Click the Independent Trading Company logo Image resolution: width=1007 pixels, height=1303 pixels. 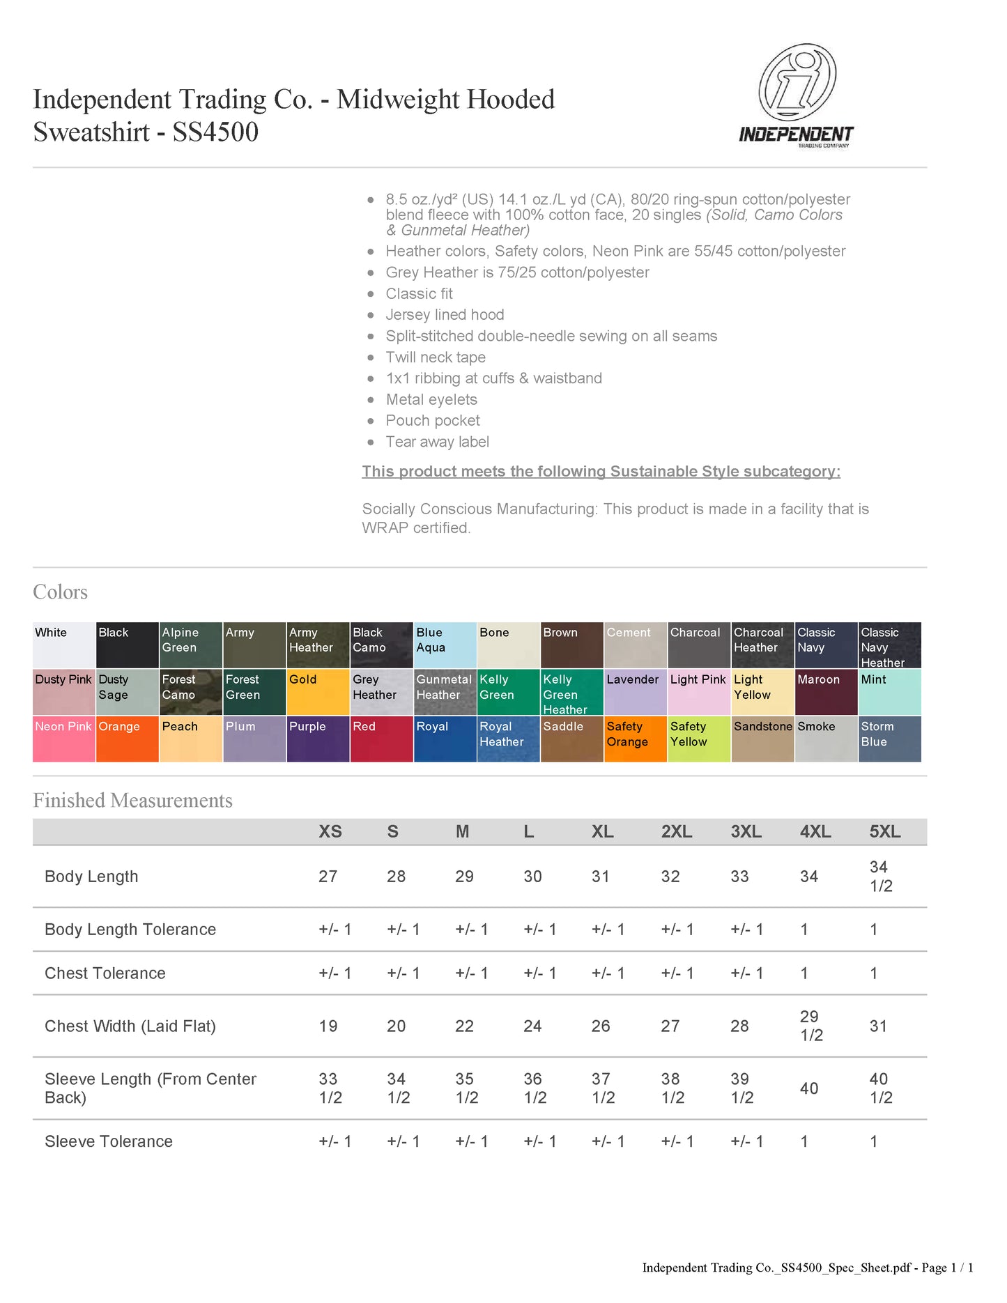tap(797, 95)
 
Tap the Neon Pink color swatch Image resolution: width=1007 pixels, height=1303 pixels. tap(63, 739)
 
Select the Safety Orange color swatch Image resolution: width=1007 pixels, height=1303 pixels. tap(635, 739)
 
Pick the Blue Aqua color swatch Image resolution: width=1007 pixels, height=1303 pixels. tap(445, 645)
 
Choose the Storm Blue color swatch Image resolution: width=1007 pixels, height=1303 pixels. tap(889, 739)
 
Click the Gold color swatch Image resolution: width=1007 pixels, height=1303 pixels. tap(318, 692)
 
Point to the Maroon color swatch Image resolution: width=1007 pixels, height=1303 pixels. tap(826, 692)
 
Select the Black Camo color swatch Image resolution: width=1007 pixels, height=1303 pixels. tap(381, 645)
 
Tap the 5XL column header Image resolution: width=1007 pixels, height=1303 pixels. tap(884, 831)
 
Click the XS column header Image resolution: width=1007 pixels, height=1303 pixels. tap(330, 831)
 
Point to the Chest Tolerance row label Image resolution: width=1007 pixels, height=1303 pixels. tap(105, 973)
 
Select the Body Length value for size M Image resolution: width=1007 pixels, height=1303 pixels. tap(464, 877)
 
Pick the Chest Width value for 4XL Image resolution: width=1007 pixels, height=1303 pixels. tap(811, 1026)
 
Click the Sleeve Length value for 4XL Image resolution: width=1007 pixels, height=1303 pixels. tap(808, 1088)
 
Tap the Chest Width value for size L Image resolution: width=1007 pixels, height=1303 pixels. tap(532, 1026)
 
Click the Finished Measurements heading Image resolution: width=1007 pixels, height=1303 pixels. tap(132, 801)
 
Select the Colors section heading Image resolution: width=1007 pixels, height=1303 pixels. tap(61, 592)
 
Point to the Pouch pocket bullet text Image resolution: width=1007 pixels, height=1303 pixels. tap(433, 421)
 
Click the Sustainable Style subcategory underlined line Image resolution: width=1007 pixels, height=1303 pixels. tap(601, 472)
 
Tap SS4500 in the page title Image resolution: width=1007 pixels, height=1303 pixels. tap(215, 132)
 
